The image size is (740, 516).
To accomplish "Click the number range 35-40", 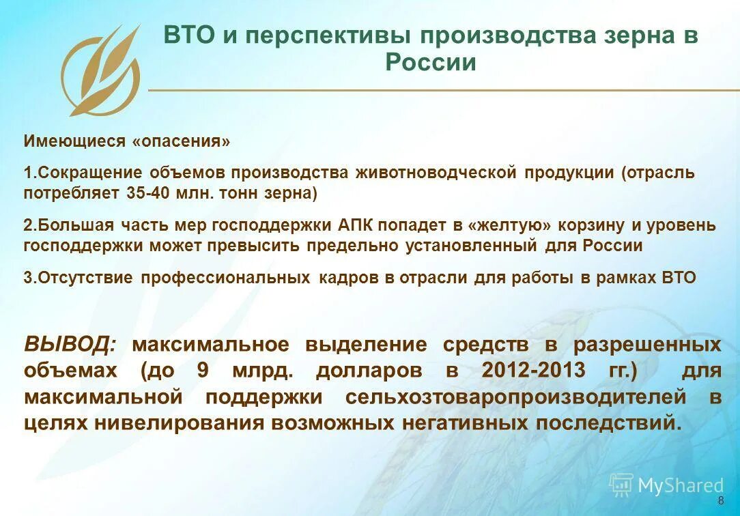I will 147,192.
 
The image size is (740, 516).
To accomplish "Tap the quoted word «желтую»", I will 505,225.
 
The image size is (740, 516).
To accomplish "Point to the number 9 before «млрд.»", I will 203,371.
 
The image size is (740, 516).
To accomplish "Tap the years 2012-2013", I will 533,371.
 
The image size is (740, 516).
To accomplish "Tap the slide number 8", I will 722,502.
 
